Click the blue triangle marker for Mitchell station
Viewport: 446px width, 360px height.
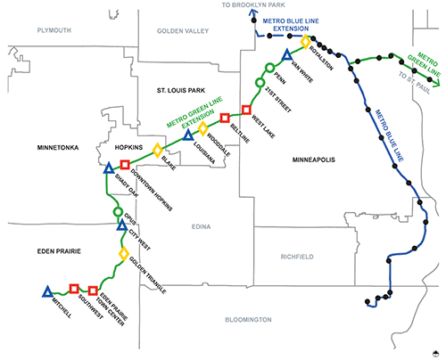pyautogui.click(x=46, y=291)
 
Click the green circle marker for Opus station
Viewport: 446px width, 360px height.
pyautogui.click(x=119, y=212)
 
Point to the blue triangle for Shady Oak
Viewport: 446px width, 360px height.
pyautogui.click(x=109, y=168)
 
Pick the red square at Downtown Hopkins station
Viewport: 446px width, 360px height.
pyautogui.click(x=125, y=164)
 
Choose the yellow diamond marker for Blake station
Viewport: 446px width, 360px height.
pyautogui.click(x=158, y=151)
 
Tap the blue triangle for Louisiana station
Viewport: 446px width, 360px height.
pyautogui.click(x=187, y=136)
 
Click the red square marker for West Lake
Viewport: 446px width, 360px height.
pyautogui.click(x=247, y=110)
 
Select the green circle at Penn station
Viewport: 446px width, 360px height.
pyautogui.click(x=260, y=83)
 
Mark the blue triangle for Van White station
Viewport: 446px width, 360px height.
pyautogui.click(x=287, y=55)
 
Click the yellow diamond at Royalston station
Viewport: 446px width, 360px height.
pyautogui.click(x=305, y=42)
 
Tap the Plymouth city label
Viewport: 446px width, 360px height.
pyautogui.click(x=53, y=29)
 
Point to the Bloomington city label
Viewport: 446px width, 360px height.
pyautogui.click(x=248, y=319)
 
